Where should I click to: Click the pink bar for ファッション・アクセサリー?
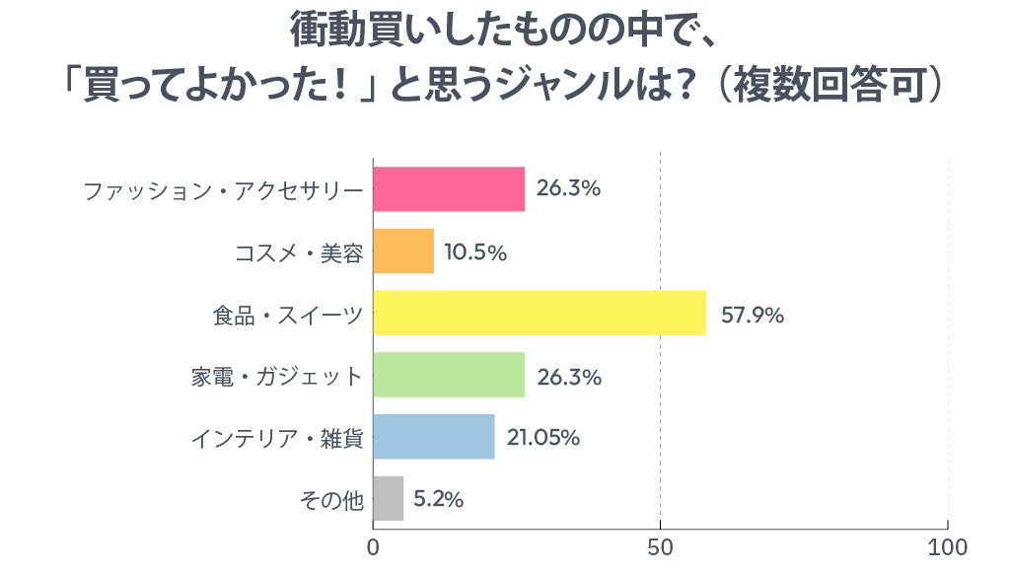[449, 189]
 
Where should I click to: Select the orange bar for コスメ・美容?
[403, 251]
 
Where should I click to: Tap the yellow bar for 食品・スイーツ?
[540, 314]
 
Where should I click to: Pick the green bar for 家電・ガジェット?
[449, 375]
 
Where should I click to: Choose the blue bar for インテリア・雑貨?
[434, 437]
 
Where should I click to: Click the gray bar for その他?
[389, 499]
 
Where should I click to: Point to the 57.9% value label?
[753, 316]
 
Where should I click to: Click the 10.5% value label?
[475, 253]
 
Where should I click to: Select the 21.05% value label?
[543, 438]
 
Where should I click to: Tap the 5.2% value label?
[439, 500]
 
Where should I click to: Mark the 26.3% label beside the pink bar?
[569, 188]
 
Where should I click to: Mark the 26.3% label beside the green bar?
[569, 377]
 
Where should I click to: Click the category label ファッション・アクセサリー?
[224, 190]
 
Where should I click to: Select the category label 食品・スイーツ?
[288, 315]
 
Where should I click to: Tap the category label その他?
[331, 500]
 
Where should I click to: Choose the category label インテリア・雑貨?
[277, 438]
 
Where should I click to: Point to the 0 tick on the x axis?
[374, 547]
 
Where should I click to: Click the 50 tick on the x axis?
[660, 547]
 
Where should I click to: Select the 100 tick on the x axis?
[948, 547]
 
